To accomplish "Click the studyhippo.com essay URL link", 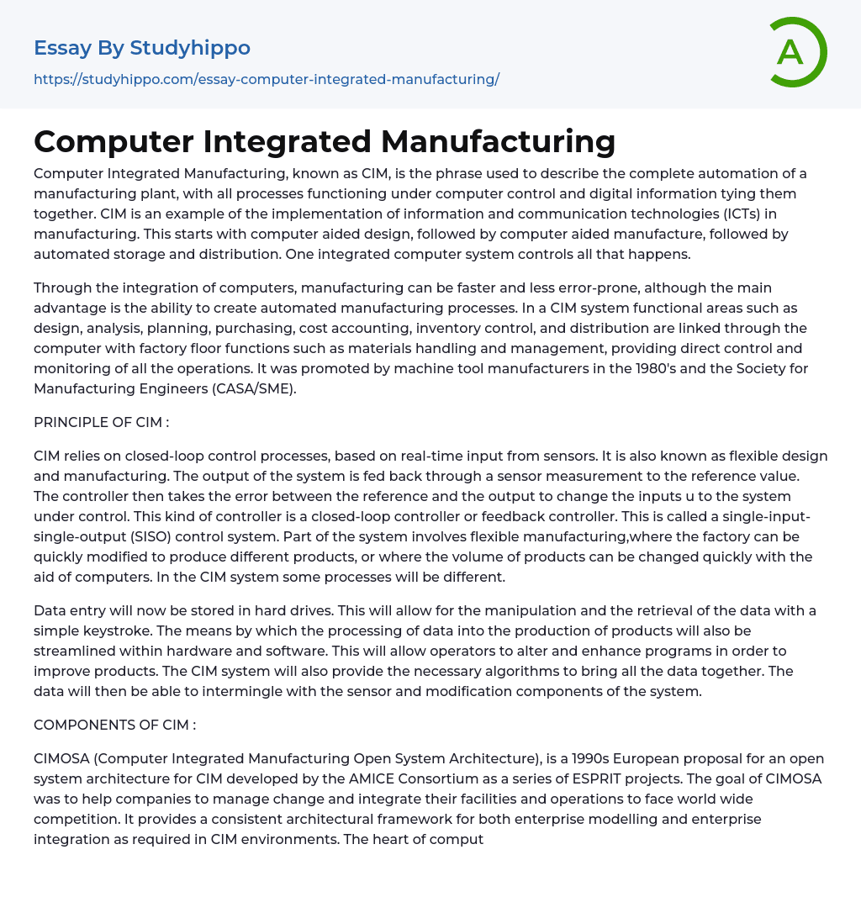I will (x=267, y=79).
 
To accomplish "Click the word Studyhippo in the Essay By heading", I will (x=190, y=48).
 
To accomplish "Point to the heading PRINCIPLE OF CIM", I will (x=101, y=422).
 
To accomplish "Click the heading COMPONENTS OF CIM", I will (x=114, y=725).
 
